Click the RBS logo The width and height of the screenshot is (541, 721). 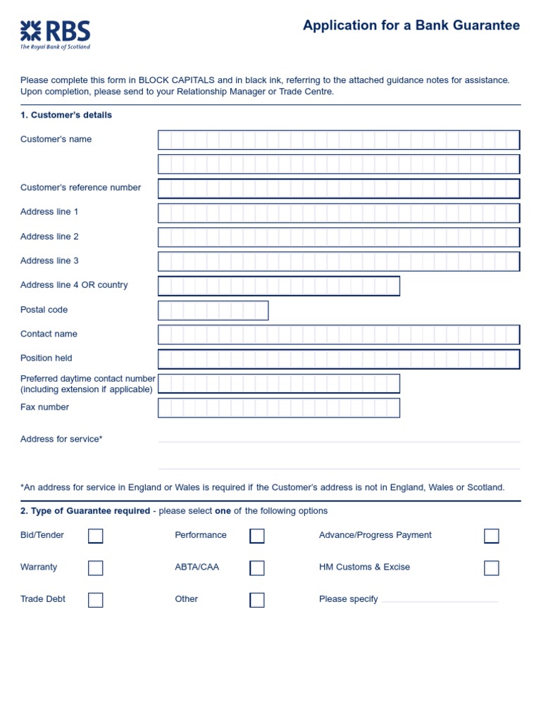55,35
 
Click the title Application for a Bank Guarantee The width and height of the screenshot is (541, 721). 411,26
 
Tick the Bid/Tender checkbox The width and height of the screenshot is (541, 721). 96,536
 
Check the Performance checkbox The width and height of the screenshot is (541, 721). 257,536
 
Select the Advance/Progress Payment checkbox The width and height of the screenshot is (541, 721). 492,536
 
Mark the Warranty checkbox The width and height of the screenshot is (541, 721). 96,568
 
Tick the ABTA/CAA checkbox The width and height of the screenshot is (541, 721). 257,568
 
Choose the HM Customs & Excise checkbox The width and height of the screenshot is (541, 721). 492,568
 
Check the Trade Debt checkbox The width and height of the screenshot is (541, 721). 96,600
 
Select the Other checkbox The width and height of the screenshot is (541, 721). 257,600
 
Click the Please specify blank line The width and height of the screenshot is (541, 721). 440,601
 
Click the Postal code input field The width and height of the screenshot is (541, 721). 213,311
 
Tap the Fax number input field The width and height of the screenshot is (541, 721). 279,408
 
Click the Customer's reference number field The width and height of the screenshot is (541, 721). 339,189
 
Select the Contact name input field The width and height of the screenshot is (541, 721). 339,334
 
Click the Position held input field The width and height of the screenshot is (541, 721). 339,359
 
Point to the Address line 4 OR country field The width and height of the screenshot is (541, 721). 279,286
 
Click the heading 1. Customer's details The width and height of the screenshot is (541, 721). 66,115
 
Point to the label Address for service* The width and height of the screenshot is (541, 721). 61,439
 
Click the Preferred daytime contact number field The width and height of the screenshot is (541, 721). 279,384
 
